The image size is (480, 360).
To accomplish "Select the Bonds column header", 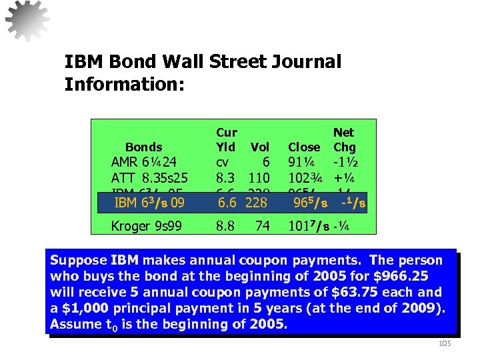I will (143, 147).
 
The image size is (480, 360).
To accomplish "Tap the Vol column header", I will (259, 147).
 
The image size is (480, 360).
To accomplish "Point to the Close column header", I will (304, 147).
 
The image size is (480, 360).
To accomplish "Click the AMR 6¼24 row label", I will (143, 162).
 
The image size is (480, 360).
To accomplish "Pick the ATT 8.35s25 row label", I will (149, 178).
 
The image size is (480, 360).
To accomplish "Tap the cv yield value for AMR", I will (223, 162).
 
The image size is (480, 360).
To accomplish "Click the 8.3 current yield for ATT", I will (225, 178).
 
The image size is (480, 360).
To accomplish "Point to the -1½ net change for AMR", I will (347, 162).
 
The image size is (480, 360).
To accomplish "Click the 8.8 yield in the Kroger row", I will (225, 226).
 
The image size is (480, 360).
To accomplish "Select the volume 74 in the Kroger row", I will (263, 226).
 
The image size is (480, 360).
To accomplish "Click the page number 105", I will (444, 343).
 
